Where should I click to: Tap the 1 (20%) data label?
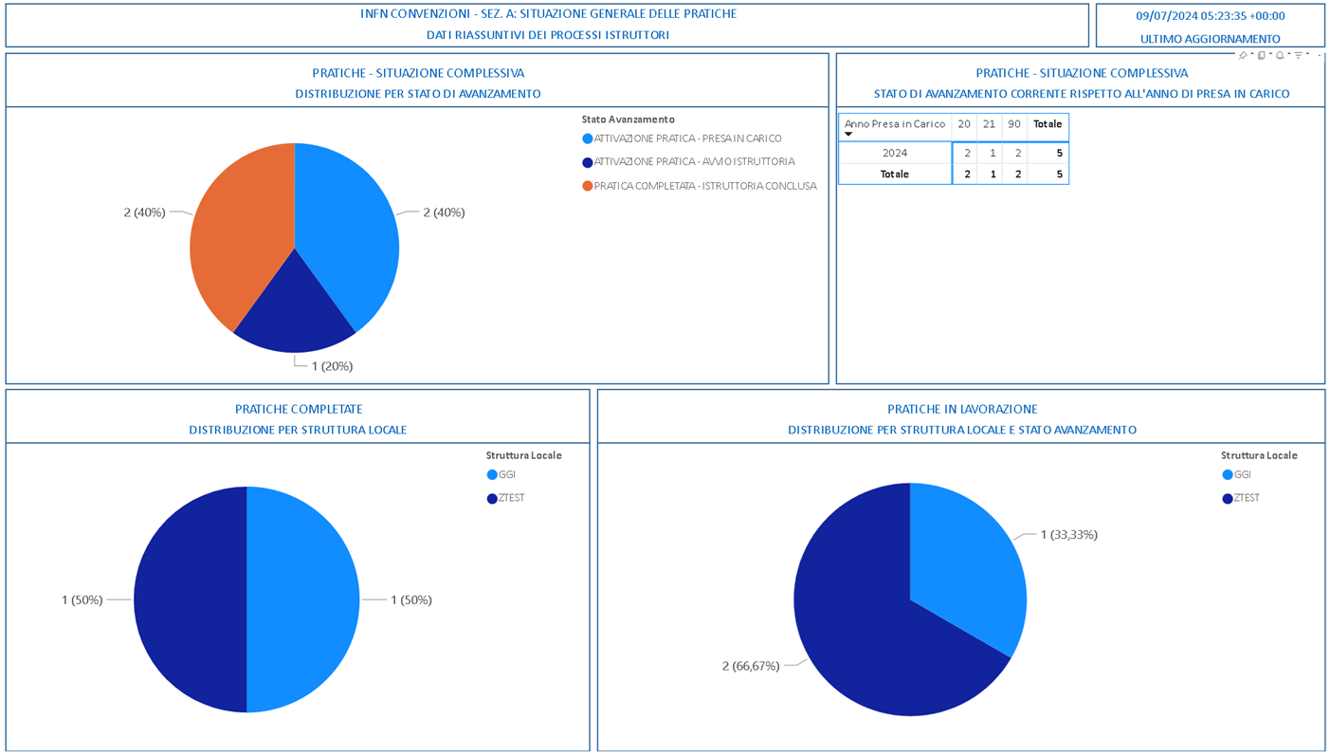pos(332,366)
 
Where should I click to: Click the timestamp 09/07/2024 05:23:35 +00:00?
pos(1210,16)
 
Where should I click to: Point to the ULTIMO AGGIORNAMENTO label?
pos(1210,39)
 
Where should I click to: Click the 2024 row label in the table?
pos(895,153)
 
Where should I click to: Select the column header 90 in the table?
pos(1014,124)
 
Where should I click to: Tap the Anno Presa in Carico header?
pos(894,124)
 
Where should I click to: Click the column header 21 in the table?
pos(989,124)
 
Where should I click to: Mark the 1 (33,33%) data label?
pos(1068,535)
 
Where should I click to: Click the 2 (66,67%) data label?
pos(751,666)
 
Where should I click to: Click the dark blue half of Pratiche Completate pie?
pos(190,599)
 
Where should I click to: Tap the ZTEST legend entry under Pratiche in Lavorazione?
pos(1246,499)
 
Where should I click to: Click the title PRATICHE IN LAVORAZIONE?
pos(962,409)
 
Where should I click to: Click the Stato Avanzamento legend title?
pos(628,120)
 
